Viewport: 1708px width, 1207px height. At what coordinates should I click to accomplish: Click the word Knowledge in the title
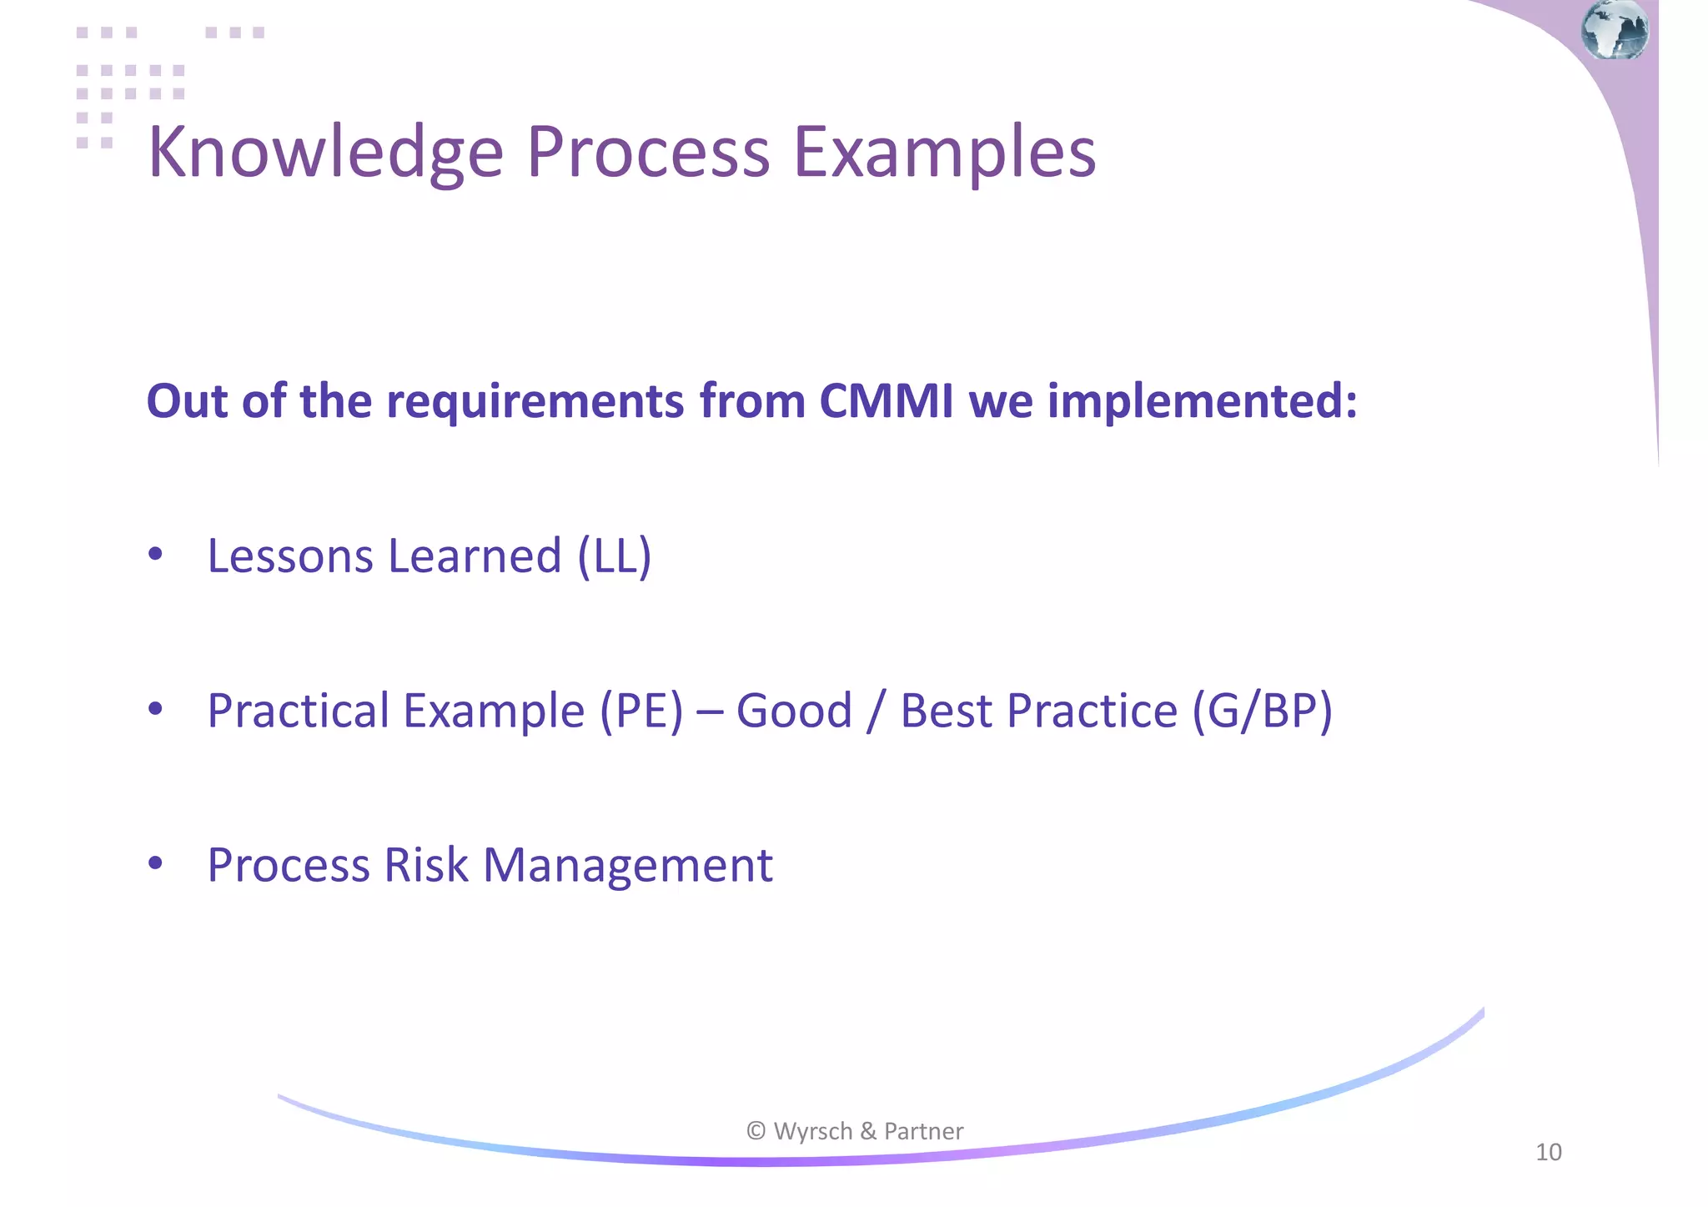(325, 153)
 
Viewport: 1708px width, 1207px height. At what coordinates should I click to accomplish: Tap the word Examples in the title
(944, 153)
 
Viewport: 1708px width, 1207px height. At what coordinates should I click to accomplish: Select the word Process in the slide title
(648, 153)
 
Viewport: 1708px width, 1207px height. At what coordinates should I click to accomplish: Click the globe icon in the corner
(1615, 30)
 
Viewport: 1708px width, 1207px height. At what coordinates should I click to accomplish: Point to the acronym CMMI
(886, 401)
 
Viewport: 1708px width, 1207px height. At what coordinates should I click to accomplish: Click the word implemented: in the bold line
(1202, 401)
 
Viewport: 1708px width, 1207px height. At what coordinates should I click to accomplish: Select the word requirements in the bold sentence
(535, 401)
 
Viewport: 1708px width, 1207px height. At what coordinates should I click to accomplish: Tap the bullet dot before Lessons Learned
(155, 555)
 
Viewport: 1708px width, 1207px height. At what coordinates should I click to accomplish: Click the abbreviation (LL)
(614, 556)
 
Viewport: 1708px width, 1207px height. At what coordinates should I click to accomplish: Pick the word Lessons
(289, 556)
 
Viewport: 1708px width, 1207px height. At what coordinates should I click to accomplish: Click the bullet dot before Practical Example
(155, 709)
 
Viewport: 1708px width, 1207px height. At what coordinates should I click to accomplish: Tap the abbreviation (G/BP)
(1261, 711)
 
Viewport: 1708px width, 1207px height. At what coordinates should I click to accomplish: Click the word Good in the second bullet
(794, 711)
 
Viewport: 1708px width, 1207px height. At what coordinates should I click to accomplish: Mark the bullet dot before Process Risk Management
(155, 863)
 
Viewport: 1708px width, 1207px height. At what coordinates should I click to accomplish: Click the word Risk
(426, 865)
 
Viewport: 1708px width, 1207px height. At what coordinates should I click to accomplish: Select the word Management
(628, 865)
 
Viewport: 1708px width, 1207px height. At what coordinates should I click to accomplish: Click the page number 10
(1548, 1152)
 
